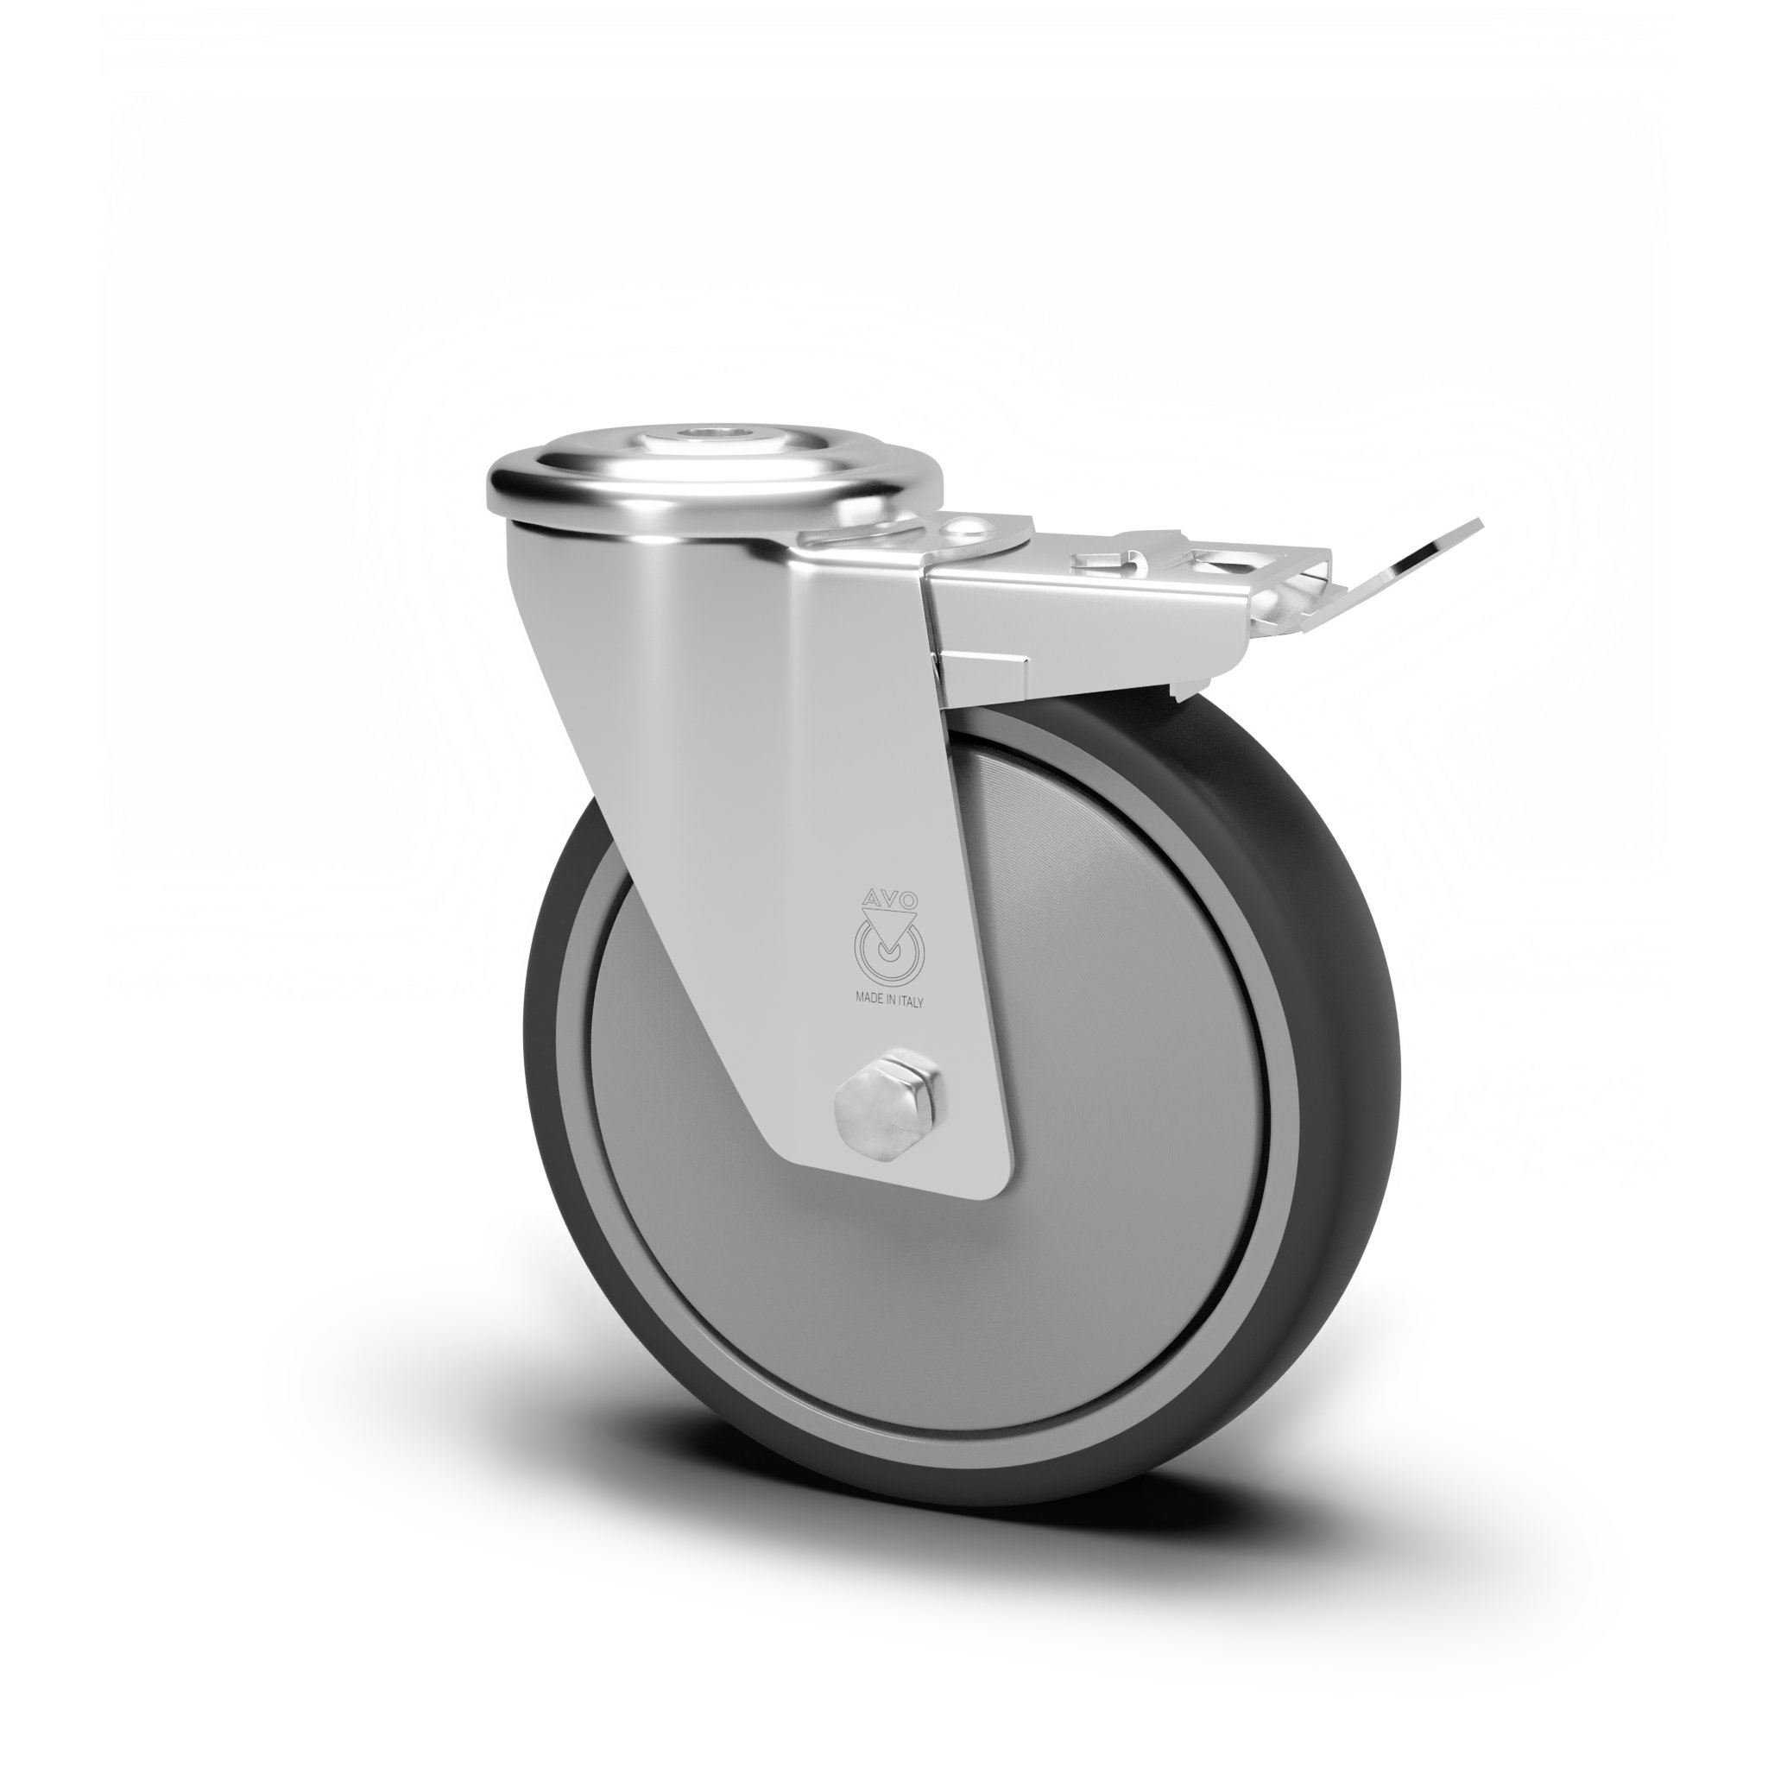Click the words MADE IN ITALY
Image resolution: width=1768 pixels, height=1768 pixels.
click(889, 1001)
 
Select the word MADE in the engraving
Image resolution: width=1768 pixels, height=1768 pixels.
click(868, 1001)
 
